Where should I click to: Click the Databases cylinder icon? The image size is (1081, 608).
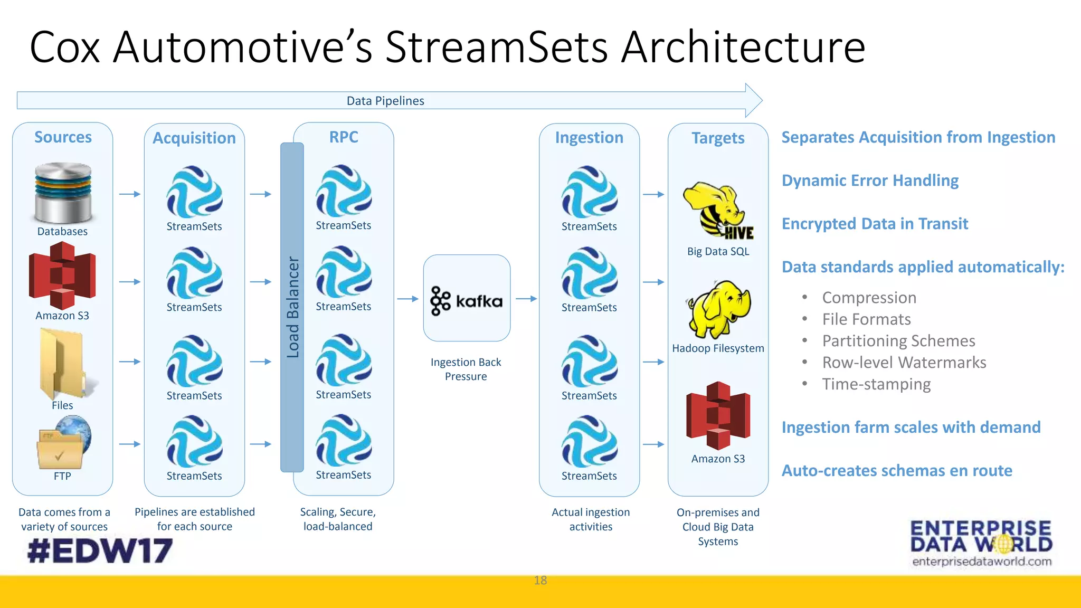pyautogui.click(x=63, y=193)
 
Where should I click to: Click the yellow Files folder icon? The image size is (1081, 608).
pyautogui.click(x=62, y=364)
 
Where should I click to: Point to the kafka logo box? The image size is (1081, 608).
pyautogui.click(x=467, y=299)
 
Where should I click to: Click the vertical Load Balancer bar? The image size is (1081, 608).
pyautogui.click(x=292, y=307)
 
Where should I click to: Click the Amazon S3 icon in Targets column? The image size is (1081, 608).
pyautogui.click(x=718, y=415)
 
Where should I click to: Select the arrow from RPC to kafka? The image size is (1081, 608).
pyautogui.click(x=407, y=299)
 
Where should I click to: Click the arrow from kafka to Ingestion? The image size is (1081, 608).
pyautogui.click(x=526, y=299)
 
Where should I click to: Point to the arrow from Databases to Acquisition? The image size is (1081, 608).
pyautogui.click(x=129, y=194)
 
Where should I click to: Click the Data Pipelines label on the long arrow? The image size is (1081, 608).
pyautogui.click(x=385, y=101)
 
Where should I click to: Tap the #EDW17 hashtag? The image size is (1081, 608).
pyautogui.click(x=100, y=550)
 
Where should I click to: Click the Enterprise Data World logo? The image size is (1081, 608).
pyautogui.click(x=981, y=543)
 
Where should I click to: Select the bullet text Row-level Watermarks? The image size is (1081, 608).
pyautogui.click(x=904, y=363)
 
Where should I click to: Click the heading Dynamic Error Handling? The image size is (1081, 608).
pyautogui.click(x=870, y=180)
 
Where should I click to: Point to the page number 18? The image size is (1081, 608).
pyautogui.click(x=540, y=581)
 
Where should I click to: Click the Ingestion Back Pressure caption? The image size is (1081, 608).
pyautogui.click(x=466, y=369)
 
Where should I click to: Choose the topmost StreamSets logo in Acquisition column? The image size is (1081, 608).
pyautogui.click(x=194, y=192)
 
